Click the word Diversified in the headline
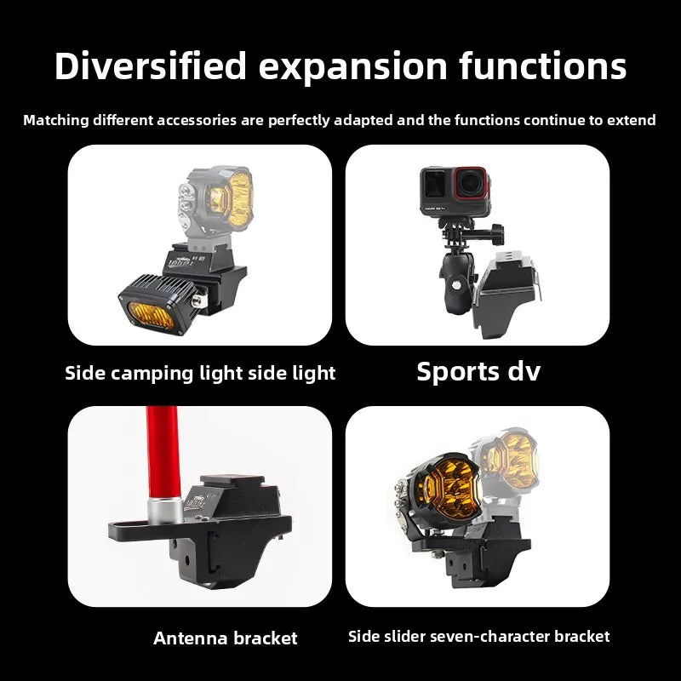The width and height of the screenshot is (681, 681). (x=151, y=66)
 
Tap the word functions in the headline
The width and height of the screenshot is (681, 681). (x=543, y=66)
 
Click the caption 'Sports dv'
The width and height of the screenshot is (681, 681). (x=478, y=372)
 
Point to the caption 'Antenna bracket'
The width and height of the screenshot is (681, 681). (x=226, y=638)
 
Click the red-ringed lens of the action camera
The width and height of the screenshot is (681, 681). (x=472, y=184)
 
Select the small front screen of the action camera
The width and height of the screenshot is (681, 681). (x=434, y=183)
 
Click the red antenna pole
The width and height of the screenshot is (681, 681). (x=163, y=452)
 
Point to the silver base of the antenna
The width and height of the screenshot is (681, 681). (x=164, y=510)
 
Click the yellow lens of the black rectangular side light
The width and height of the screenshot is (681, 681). (x=152, y=315)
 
